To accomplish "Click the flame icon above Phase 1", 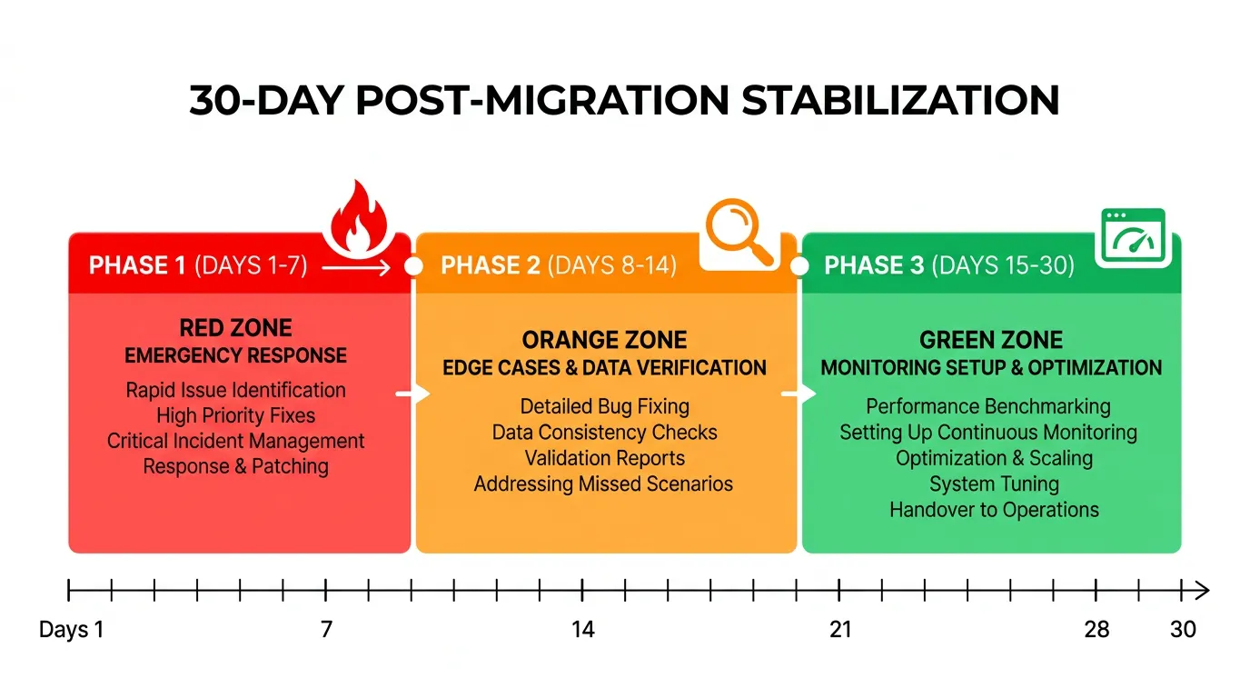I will tap(359, 219).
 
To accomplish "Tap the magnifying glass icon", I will tap(739, 233).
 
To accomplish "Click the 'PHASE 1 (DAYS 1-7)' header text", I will tap(198, 265).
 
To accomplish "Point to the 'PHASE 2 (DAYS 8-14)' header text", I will tap(558, 265).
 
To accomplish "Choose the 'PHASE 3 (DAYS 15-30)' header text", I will tap(948, 265).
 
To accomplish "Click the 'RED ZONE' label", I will tap(235, 327).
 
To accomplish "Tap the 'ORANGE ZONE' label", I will tap(604, 340).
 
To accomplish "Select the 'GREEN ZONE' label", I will tap(991, 340).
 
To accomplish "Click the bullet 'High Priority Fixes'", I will tap(235, 415).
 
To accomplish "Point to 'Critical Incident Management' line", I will tap(235, 441).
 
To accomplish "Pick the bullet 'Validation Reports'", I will tap(604, 458).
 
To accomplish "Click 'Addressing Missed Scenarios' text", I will tap(604, 484).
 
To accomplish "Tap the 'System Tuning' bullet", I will tap(994, 484).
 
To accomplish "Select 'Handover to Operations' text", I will tap(994, 509).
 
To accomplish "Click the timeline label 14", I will tap(583, 629).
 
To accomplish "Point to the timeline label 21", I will tap(840, 629).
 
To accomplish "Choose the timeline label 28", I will tap(1097, 629).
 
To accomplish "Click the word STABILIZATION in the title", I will tap(900, 100).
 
